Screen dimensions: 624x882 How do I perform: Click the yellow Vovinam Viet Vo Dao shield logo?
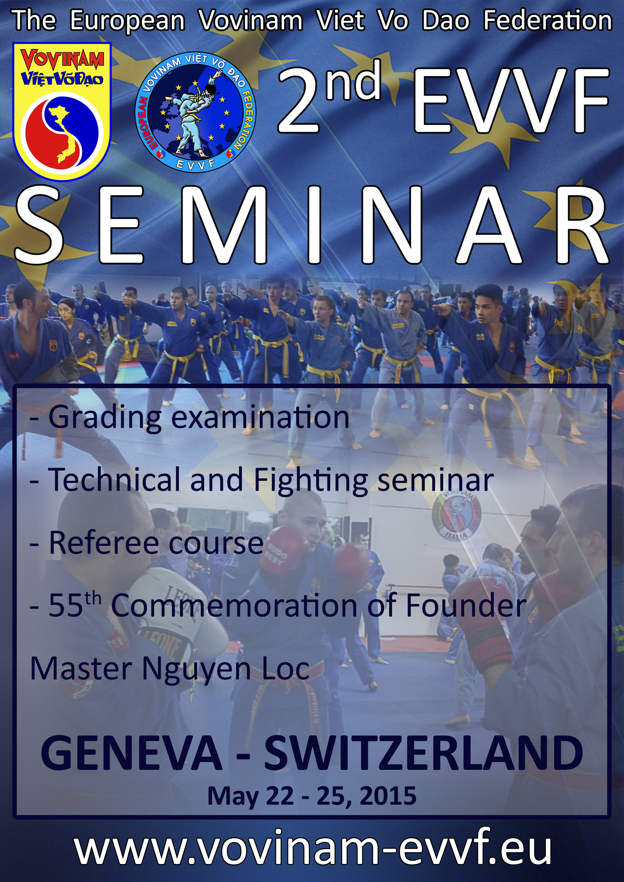(x=62, y=110)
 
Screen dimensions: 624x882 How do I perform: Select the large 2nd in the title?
(x=329, y=97)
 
